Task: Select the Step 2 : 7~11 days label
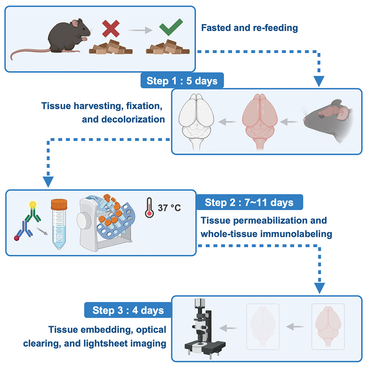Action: point(249,203)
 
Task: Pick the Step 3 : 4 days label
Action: point(129,310)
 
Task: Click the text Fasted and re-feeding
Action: point(249,28)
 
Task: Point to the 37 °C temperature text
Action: point(169,208)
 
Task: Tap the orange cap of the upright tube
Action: point(59,203)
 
